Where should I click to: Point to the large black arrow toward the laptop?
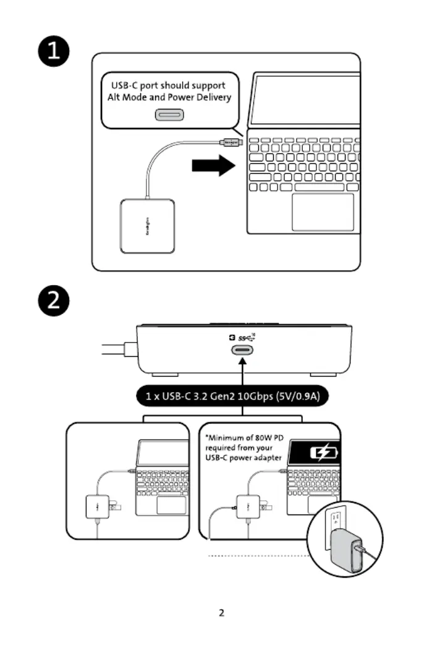pos(214,166)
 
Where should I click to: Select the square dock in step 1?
pos(148,226)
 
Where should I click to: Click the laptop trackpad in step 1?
pos(323,212)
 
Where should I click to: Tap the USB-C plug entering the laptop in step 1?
pos(232,142)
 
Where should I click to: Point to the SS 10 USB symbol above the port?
pos(246,338)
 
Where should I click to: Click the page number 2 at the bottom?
pos(222,613)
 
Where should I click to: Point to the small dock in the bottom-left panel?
pos(97,507)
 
